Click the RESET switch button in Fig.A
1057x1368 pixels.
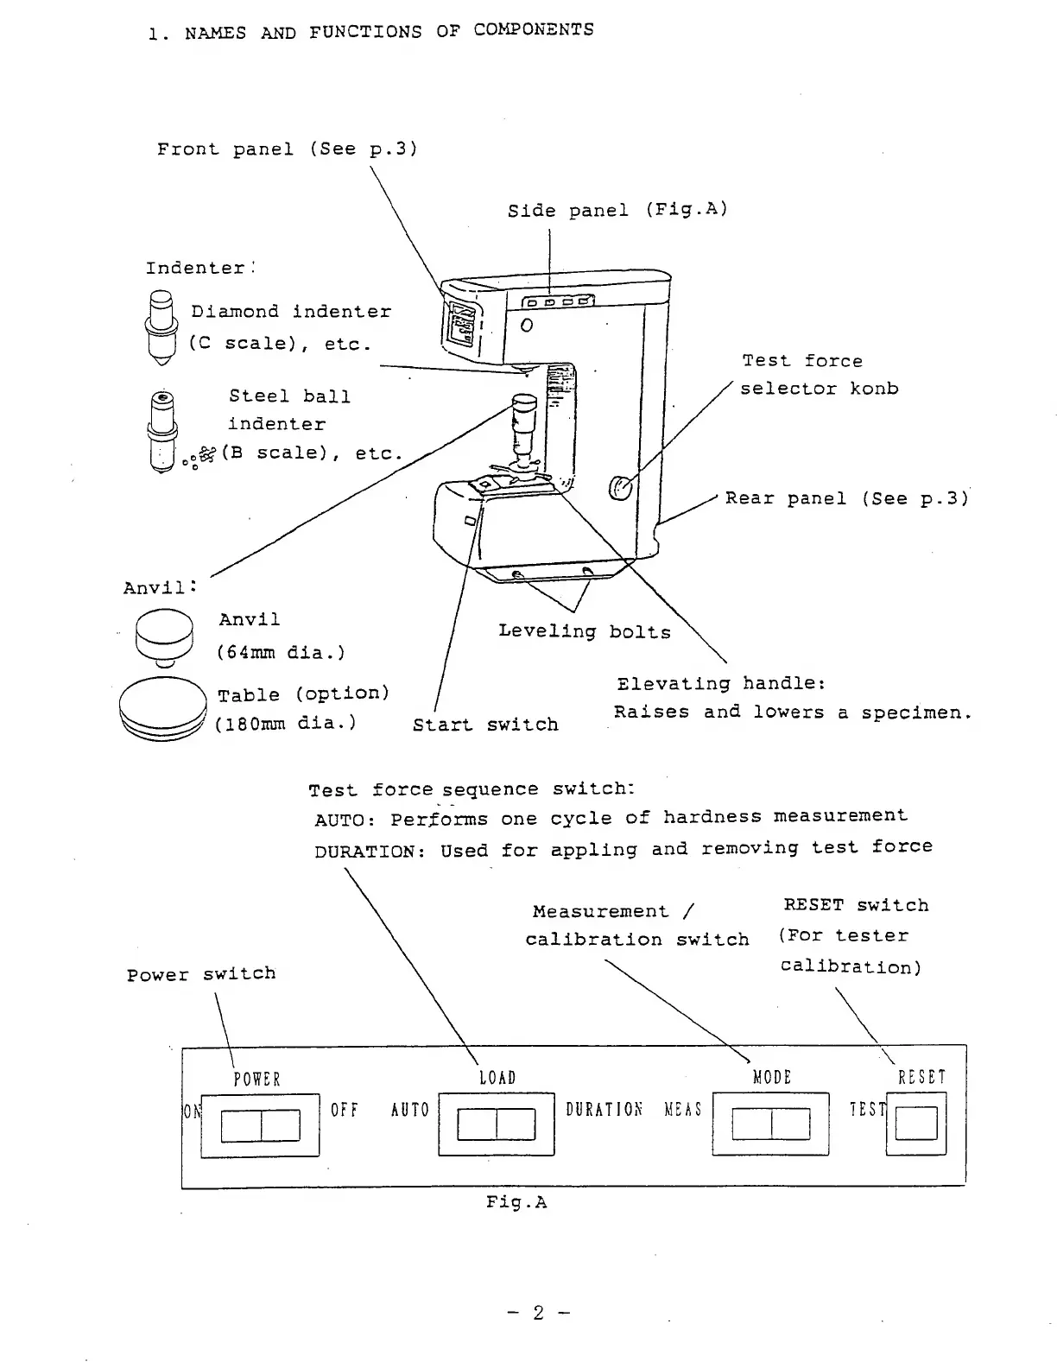point(916,1123)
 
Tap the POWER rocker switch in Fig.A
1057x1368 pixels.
point(260,1125)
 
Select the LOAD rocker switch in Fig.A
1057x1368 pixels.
point(496,1124)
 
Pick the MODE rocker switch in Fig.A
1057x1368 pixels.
point(770,1124)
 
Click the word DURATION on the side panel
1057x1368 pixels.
point(604,1109)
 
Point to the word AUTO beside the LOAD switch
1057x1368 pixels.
point(410,1110)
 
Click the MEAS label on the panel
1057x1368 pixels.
point(683,1109)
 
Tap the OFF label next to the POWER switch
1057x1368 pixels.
point(345,1110)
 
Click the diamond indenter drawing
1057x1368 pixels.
point(161,327)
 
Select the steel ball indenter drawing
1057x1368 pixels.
point(162,431)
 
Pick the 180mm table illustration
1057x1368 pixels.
point(163,709)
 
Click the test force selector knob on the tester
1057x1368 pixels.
point(621,488)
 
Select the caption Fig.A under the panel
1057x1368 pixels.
point(516,1202)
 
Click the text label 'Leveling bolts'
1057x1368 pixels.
point(585,631)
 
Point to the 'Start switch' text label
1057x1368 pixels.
point(485,725)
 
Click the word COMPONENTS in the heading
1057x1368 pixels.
point(534,29)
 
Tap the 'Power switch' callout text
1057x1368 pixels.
point(201,974)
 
